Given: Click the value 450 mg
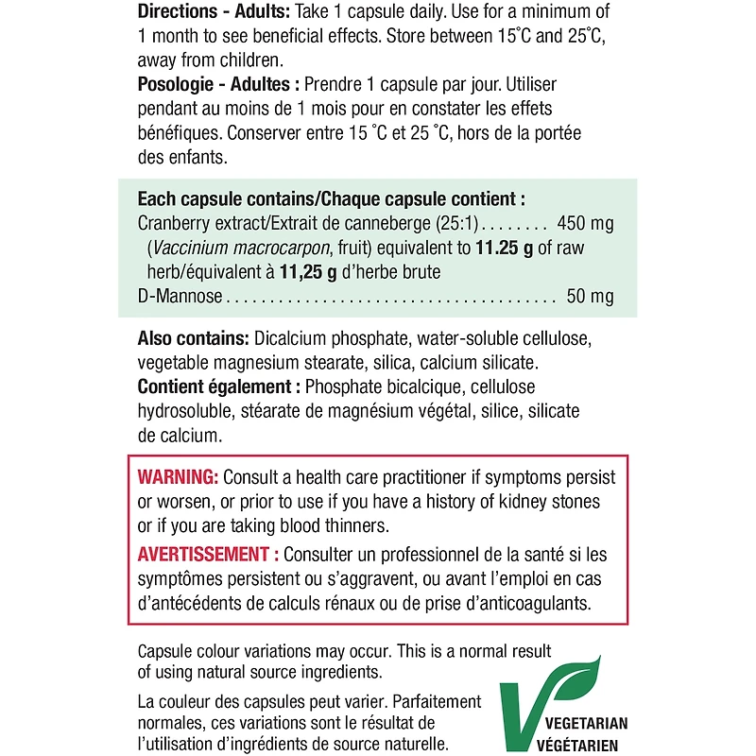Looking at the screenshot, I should coord(587,224).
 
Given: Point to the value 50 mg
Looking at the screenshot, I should coord(591,297).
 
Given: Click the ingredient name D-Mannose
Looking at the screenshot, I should coord(180,297).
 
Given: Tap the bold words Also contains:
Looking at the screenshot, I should coord(193,339).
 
